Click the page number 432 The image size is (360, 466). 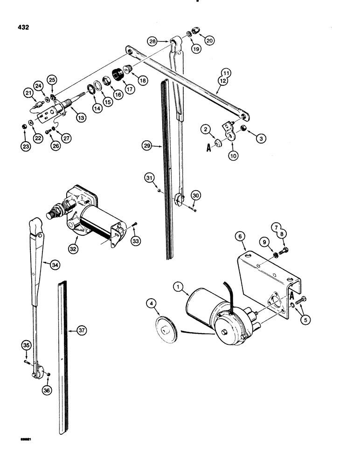click(x=21, y=27)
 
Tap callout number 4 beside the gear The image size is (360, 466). click(x=152, y=306)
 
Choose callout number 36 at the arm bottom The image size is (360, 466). click(x=47, y=391)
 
